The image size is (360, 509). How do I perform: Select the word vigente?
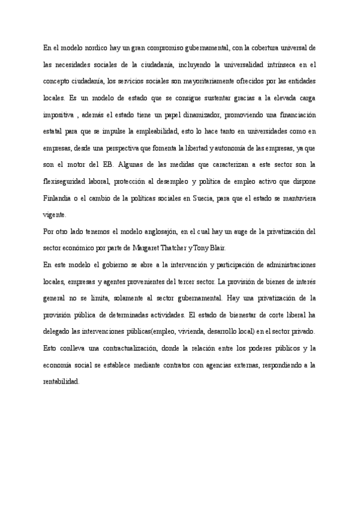tap(55, 214)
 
